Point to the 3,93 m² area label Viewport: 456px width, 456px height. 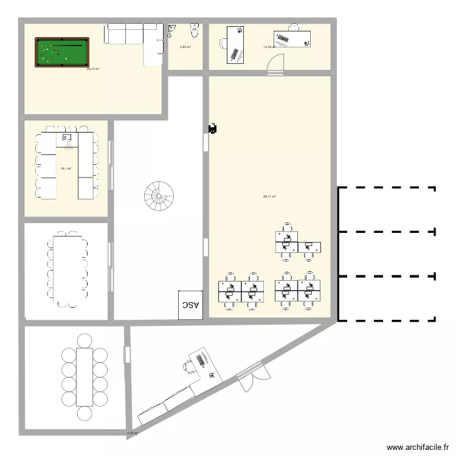coord(185,47)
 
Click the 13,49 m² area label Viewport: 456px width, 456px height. coord(269,47)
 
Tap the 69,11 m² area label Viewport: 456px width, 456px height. coord(269,196)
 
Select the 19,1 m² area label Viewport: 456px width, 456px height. coord(66,168)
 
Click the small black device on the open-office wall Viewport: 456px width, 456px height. coord(213,128)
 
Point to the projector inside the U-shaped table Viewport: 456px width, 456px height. coord(67,142)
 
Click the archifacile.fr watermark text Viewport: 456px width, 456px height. coord(416,446)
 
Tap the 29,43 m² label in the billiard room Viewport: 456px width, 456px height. coord(93,69)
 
